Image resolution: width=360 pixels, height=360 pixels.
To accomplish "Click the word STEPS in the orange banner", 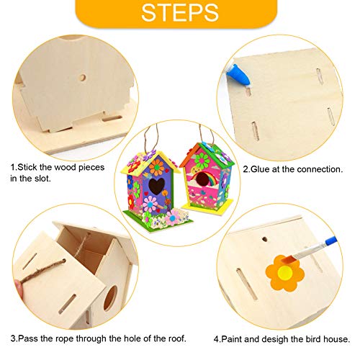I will pos(179,14).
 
